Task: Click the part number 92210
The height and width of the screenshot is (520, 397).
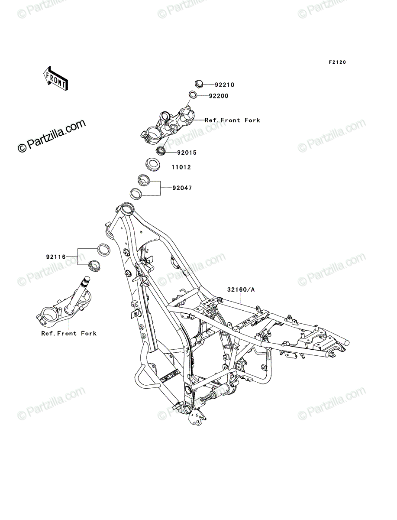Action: click(224, 85)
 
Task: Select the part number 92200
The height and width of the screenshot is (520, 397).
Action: click(218, 96)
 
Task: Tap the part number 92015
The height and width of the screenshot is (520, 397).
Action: click(187, 153)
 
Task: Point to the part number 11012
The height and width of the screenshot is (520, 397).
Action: click(181, 167)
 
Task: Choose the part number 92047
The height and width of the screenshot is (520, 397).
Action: click(182, 188)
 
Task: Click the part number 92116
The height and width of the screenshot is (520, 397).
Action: click(56, 257)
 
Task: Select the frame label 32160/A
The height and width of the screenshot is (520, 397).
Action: click(241, 289)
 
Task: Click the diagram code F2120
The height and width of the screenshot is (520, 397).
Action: click(337, 62)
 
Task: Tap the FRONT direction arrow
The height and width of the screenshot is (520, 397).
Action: click(55, 78)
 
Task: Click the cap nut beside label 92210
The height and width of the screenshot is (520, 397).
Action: click(199, 84)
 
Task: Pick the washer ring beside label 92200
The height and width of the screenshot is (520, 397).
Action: click(193, 94)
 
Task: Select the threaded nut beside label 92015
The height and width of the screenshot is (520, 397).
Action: click(161, 151)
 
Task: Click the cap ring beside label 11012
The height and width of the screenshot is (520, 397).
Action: click(152, 164)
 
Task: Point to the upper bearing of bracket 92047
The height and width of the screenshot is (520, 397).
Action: click(143, 179)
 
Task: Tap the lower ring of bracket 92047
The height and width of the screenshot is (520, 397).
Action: click(136, 193)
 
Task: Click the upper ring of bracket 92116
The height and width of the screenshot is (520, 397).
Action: click(104, 250)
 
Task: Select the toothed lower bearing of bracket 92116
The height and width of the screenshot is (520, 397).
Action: click(94, 266)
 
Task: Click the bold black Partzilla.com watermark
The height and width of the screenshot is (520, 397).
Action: click(52, 136)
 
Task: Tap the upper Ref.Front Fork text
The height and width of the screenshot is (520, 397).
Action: click(232, 120)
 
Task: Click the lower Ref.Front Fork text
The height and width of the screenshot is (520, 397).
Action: click(69, 334)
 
